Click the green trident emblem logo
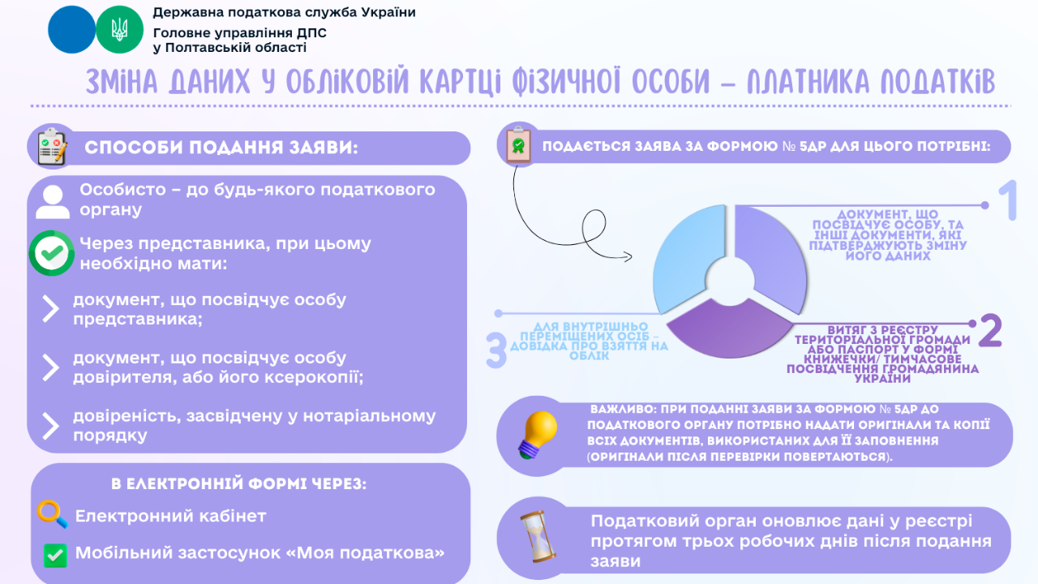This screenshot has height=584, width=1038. [119, 30]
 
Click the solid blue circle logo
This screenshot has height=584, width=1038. [71, 30]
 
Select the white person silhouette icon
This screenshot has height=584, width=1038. [53, 201]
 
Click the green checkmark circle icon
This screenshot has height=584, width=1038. [52, 253]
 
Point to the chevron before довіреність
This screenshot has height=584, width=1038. [50, 426]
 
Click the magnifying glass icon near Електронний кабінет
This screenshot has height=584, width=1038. [53, 515]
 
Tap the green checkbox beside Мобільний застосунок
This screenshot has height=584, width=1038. [54, 555]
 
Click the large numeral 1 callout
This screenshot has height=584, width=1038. [1006, 201]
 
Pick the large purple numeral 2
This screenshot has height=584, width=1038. [991, 330]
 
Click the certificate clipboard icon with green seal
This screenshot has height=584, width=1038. [517, 144]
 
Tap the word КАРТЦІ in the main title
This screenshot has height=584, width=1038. [461, 82]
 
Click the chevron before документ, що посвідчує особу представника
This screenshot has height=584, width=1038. [50, 308]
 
